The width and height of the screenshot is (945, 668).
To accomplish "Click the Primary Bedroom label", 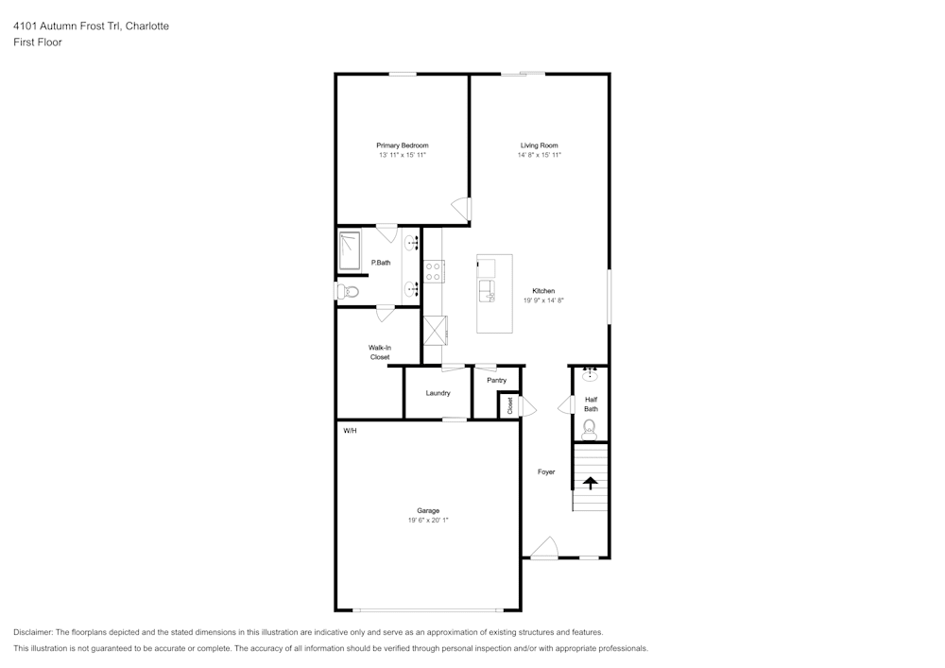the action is pos(402,146).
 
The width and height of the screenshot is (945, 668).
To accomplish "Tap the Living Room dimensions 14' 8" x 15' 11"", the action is pos(540,155).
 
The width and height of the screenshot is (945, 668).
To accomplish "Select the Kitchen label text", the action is pos(543,291).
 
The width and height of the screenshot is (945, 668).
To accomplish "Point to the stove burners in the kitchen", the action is pos(433,271).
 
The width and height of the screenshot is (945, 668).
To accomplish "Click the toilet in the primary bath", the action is pos(348,292).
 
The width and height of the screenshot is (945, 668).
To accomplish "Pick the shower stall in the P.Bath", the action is pos(350,250).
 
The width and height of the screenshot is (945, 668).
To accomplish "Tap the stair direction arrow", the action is pos(590,483).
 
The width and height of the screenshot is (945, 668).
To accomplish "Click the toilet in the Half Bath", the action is pos(590,429).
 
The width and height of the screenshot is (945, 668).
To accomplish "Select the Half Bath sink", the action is pos(590,376).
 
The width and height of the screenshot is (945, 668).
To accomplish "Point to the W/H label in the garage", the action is pos(351,431).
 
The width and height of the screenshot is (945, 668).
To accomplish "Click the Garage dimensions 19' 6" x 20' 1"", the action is pos(428,520).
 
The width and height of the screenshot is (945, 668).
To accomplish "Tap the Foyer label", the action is pos(546,471).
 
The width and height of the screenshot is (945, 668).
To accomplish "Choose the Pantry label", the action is pos(497,380).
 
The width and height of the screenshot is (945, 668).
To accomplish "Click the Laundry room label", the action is pos(438,393).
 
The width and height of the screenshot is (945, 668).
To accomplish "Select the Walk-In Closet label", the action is pos(380,352).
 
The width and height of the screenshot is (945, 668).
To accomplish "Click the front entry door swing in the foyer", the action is pos(545,547).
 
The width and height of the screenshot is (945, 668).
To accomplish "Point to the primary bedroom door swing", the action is pos(461,209).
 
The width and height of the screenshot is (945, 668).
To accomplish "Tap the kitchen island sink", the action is pos(487,291).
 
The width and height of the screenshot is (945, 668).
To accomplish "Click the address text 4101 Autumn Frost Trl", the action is pos(66,26).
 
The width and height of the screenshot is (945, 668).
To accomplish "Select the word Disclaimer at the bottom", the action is pos(32,632).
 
